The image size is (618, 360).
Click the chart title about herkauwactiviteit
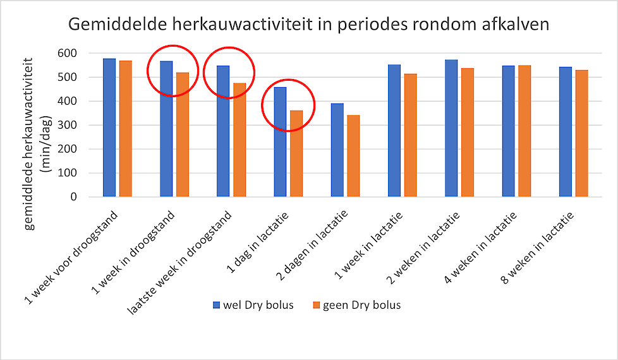(308, 25)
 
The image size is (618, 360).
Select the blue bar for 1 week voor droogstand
(109, 128)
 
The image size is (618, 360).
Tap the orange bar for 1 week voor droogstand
(126, 129)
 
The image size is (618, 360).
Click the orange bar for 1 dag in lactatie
(296, 153)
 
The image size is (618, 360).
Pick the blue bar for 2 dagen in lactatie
(337, 150)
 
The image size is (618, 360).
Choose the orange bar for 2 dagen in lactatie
(353, 156)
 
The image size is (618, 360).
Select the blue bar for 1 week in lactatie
(394, 131)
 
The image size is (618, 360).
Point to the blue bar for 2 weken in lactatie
(451, 128)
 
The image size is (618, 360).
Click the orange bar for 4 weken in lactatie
(524, 131)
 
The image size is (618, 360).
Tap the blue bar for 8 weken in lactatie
(566, 132)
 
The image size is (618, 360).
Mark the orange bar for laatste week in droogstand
(239, 140)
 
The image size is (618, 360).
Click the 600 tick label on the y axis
(67, 53)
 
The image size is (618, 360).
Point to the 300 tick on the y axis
(67, 125)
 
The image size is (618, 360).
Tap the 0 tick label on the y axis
(74, 197)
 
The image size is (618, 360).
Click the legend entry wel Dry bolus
(253, 305)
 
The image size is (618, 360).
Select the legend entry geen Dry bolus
(356, 305)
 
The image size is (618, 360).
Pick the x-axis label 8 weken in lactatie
(537, 248)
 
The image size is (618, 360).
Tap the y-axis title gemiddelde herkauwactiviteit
(28, 144)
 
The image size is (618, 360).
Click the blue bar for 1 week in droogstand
(166, 129)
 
